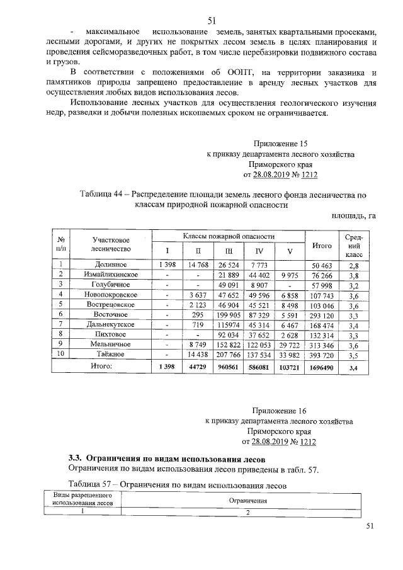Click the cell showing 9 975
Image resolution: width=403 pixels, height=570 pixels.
coord(289,275)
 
